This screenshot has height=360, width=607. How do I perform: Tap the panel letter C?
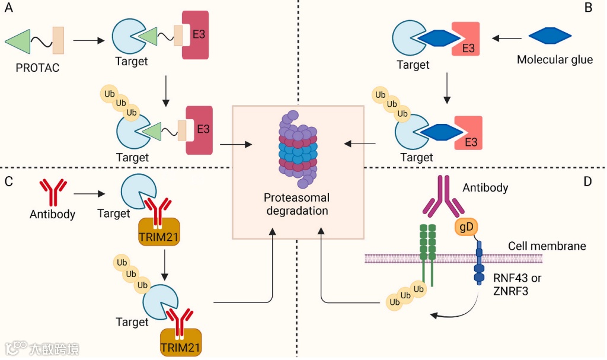(8, 181)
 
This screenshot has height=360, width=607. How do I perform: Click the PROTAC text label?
(37, 68)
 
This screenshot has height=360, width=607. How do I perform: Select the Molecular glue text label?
(555, 60)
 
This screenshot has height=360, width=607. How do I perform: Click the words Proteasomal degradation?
(297, 204)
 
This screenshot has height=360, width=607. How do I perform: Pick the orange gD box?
(464, 227)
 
